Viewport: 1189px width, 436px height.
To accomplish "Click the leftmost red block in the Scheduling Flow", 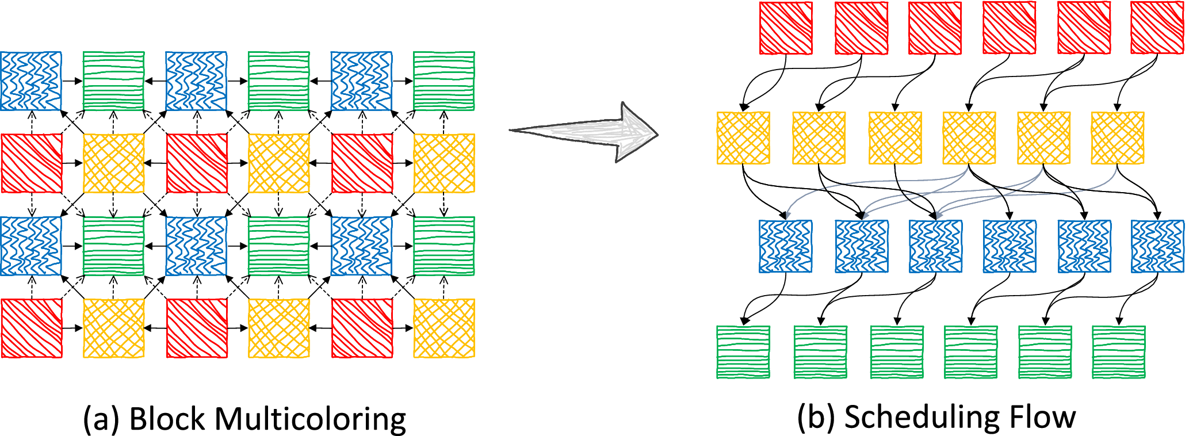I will click(786, 28).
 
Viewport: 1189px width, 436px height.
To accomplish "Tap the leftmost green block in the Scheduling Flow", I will click(743, 352).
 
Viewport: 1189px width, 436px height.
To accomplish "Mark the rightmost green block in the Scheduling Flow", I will click(1118, 352).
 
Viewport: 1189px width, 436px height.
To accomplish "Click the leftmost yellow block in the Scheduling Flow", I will click(743, 138).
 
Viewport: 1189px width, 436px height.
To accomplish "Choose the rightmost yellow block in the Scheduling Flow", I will click(1118, 138).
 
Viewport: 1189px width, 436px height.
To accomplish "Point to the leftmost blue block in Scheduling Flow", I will click(786, 246).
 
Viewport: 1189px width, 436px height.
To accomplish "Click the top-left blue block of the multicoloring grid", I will click(31, 81).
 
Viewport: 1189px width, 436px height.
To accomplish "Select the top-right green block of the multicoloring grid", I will click(444, 81).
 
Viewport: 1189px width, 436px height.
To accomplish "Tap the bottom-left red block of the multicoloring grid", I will click(31, 328).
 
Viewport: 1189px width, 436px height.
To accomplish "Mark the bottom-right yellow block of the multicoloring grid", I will click(444, 328).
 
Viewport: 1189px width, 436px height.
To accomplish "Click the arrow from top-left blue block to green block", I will click(72, 81).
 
